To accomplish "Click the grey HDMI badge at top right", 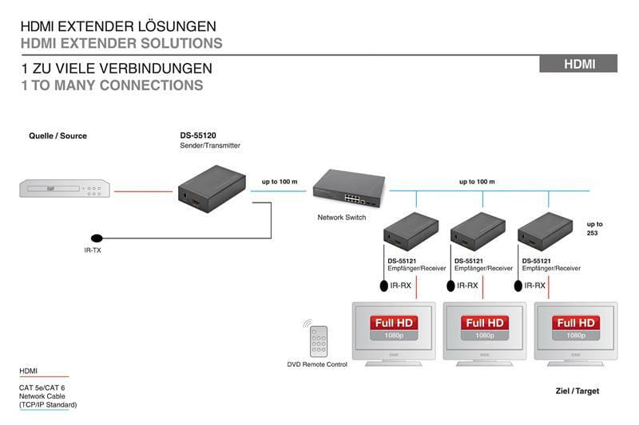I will click(x=578, y=64).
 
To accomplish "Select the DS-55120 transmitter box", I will click(x=211, y=188).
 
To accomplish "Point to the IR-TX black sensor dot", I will click(x=97, y=238).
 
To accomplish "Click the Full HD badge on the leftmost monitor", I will click(x=394, y=323).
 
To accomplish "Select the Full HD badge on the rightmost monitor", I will click(x=576, y=323).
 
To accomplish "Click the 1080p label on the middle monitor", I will click(x=485, y=336).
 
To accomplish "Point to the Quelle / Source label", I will click(x=58, y=136).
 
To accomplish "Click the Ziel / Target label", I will click(x=577, y=391).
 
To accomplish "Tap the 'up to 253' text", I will click(x=594, y=229).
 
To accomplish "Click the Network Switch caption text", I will click(x=341, y=217).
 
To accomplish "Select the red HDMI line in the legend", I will click(x=44, y=376).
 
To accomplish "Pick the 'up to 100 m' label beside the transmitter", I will click(x=280, y=182).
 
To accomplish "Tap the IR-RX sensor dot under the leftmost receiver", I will click(x=383, y=285).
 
